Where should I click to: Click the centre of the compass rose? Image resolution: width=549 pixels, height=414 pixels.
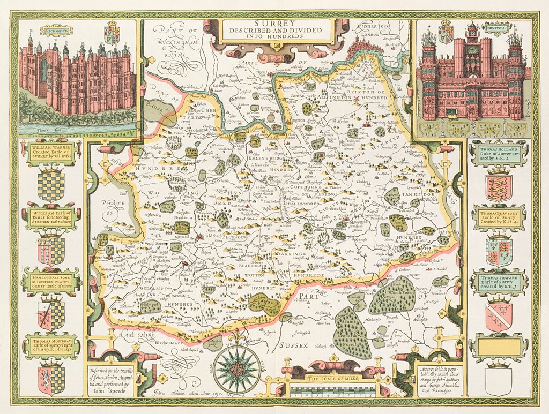[x=236, y=370]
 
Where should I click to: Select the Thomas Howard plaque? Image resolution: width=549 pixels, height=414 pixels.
[x=499, y=281]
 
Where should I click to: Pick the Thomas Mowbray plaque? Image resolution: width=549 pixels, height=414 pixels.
[x=52, y=346]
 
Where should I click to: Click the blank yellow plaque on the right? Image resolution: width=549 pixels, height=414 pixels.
[x=499, y=347]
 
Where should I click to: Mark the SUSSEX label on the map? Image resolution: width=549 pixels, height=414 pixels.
[x=292, y=346]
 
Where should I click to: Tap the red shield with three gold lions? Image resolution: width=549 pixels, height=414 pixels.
[x=499, y=187]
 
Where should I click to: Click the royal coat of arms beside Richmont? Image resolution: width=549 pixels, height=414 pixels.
[x=112, y=33]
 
